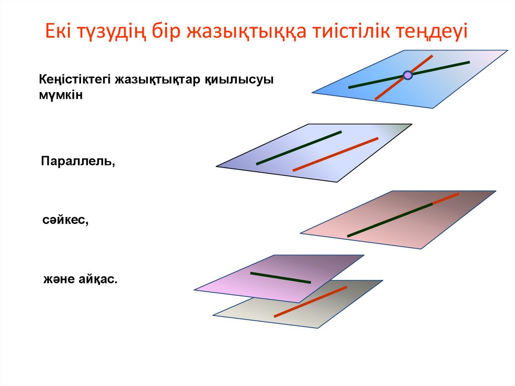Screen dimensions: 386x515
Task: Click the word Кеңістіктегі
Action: tap(75, 80)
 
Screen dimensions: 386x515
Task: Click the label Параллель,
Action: tap(78, 162)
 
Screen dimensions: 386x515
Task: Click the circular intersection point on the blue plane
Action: tap(408, 75)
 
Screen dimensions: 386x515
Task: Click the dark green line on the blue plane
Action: tap(443, 67)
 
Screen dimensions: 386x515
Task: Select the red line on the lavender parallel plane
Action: tap(335, 154)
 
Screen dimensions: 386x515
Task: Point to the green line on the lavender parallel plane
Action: tap(299, 148)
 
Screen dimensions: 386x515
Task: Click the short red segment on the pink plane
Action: tap(446, 198)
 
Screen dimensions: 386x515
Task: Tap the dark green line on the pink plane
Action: tap(390, 219)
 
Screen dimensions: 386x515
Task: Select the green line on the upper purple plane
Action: tap(280, 278)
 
